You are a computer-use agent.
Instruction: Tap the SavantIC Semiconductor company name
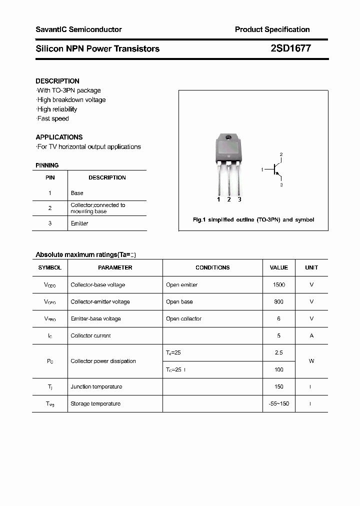[x=78, y=29]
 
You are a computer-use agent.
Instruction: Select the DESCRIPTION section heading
[x=57, y=81]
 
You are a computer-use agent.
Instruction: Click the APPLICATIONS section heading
[x=59, y=137]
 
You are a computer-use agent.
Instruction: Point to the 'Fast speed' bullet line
[x=53, y=118]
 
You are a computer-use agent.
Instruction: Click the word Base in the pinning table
[x=77, y=193]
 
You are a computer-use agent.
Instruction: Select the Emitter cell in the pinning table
[x=79, y=223]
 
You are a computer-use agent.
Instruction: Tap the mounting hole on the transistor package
[x=228, y=137]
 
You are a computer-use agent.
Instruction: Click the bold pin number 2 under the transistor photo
[x=229, y=199]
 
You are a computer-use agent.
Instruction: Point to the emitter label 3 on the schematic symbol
[x=281, y=185]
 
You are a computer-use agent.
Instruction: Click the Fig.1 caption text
[x=253, y=220]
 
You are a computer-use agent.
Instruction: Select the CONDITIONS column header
[x=212, y=267]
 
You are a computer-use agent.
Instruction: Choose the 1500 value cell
[x=279, y=284]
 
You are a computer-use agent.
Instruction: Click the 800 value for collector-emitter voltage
[x=279, y=301]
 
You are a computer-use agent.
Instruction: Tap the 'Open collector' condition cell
[x=183, y=318]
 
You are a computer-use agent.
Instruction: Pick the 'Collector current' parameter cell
[x=90, y=335]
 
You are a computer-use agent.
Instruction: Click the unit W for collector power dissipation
[x=311, y=361]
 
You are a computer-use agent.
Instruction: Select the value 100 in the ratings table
[x=279, y=369]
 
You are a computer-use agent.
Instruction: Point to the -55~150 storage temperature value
[x=279, y=403]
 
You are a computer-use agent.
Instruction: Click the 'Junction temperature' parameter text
[x=96, y=386]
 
